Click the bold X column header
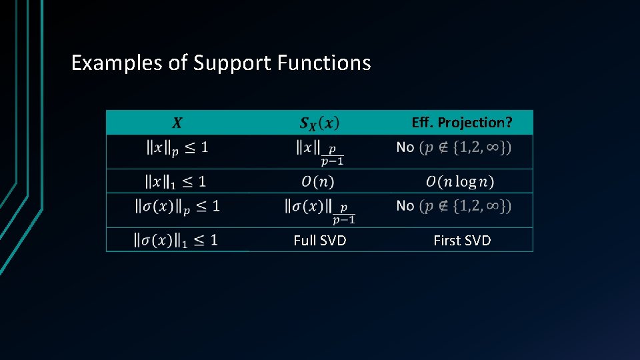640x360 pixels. point(177,123)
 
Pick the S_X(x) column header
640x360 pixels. point(319,123)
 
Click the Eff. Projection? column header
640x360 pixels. point(462,123)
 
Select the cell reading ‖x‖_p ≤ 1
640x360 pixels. point(177,148)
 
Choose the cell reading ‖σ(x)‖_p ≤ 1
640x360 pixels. point(177,206)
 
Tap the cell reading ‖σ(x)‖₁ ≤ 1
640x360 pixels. point(176,239)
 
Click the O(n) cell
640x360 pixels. point(317,181)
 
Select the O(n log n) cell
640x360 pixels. point(460,181)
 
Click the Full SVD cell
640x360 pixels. point(320,241)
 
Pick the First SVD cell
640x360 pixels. point(462,241)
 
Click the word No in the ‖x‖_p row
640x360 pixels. point(405,147)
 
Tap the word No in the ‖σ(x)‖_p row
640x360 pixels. point(405,206)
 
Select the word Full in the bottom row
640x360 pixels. point(305,241)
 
